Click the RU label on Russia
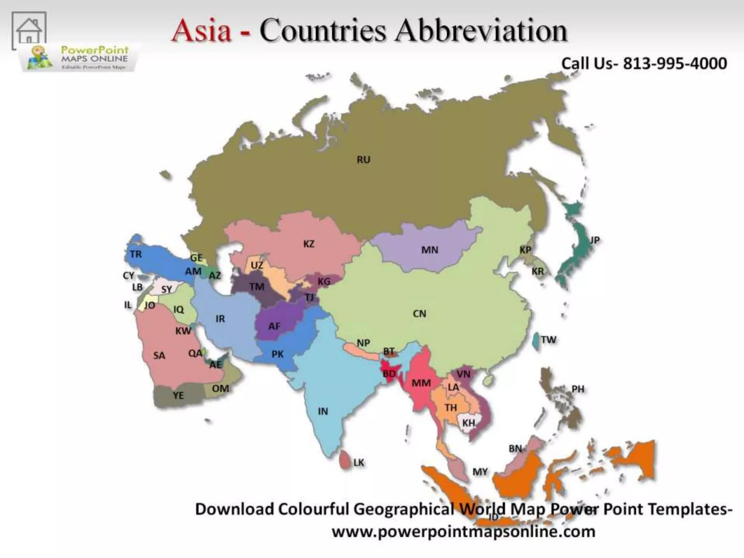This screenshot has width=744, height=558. pos(363,160)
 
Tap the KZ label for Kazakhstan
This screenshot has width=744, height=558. pos(309,244)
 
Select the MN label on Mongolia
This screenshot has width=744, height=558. pos(430,250)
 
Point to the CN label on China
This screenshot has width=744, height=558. pos(420,314)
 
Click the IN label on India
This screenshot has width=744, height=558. pos(323,411)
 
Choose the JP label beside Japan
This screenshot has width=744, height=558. pos(594,240)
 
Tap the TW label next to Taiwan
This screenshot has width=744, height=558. pos(548,340)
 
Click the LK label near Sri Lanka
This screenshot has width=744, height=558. pos(359,462)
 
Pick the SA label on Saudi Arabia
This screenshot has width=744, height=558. pos(159,355)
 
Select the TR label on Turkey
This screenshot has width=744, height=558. pos(136,254)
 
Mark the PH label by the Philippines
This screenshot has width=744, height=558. pos(578,389)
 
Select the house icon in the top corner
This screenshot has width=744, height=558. pos(29,30)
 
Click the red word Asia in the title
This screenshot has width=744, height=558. pos(202,31)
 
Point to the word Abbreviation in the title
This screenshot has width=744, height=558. pos(481,31)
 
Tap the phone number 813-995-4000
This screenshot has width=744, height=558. pos(675,64)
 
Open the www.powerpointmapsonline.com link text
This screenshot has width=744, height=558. pos(464,532)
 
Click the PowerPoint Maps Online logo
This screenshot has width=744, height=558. pos(80,58)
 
